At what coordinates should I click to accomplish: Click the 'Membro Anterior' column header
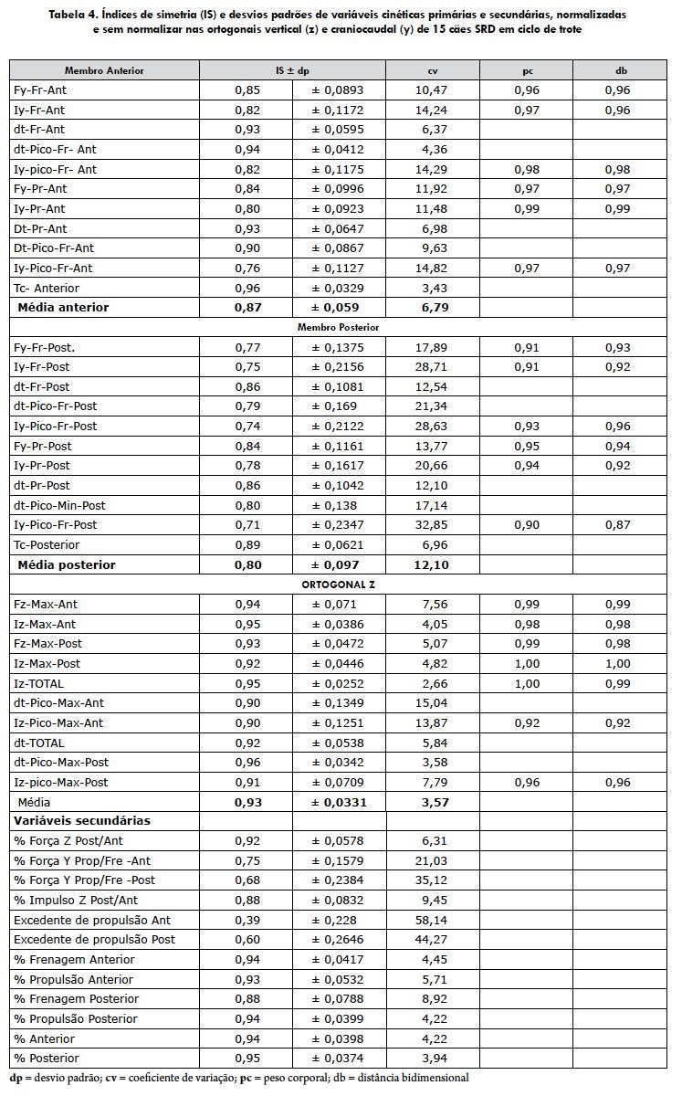click(104, 70)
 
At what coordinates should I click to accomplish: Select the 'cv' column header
click(433, 70)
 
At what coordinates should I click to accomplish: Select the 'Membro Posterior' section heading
click(338, 327)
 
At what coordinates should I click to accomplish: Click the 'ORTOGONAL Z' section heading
click(338, 584)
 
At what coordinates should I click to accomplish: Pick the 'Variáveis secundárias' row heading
click(82, 821)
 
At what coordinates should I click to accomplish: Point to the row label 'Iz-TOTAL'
click(39, 683)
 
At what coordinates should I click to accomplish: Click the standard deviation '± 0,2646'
click(338, 940)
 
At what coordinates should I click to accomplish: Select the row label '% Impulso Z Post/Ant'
click(75, 901)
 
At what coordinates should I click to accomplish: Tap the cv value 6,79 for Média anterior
click(434, 308)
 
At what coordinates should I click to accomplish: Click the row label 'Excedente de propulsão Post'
click(95, 940)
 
